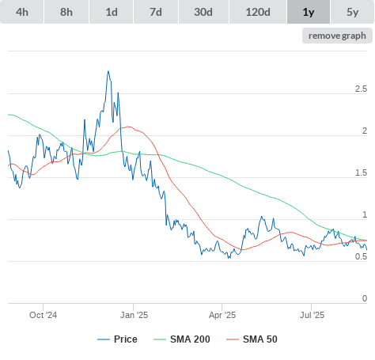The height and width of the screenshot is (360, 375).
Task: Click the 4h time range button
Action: (x=22, y=12)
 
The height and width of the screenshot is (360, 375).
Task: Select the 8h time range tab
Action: (x=66, y=12)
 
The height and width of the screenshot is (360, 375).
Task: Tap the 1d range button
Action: (x=112, y=12)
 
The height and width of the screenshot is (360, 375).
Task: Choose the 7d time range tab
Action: (x=156, y=12)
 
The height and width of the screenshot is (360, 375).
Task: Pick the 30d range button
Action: (x=203, y=12)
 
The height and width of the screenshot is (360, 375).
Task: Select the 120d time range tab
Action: (x=258, y=12)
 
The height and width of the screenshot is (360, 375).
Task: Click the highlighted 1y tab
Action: (x=309, y=12)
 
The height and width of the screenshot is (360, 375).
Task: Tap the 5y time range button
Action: (x=352, y=12)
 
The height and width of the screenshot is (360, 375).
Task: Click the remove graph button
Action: (x=337, y=36)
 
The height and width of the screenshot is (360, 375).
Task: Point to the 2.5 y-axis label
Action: (x=361, y=89)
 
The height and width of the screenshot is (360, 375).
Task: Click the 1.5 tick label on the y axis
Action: (x=361, y=172)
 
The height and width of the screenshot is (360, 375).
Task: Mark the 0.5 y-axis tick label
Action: (x=361, y=256)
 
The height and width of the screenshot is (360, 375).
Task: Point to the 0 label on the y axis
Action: (x=365, y=298)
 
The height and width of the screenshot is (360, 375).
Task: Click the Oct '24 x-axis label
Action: (x=43, y=315)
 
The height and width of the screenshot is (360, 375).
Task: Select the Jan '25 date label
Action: (x=134, y=315)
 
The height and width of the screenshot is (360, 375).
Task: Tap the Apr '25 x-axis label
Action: (x=222, y=315)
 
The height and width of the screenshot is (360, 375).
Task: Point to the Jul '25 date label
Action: (x=312, y=315)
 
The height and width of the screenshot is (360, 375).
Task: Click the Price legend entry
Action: (x=117, y=339)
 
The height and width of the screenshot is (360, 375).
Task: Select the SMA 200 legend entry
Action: (x=182, y=339)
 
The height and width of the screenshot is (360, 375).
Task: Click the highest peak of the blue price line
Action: (x=108, y=71)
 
